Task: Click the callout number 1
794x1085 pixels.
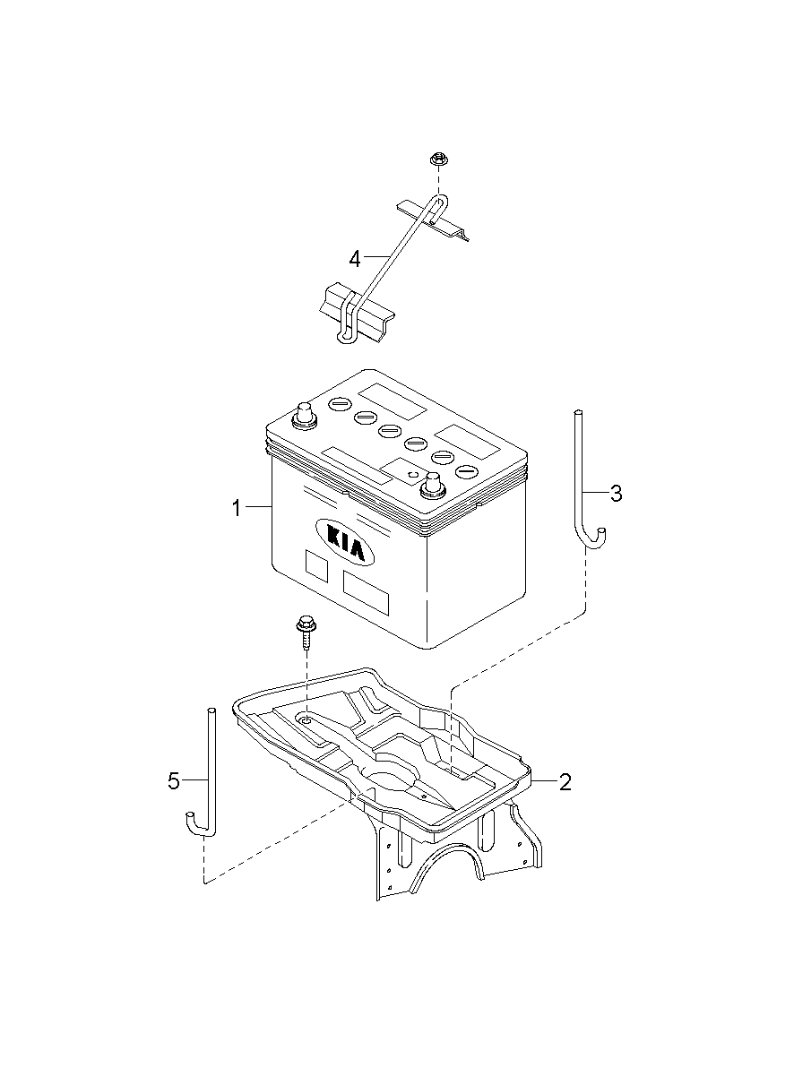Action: click(237, 509)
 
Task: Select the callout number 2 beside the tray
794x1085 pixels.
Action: click(565, 782)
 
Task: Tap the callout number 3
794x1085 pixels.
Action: click(616, 494)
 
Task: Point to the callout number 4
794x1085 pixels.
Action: click(355, 259)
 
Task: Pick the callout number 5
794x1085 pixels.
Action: click(174, 780)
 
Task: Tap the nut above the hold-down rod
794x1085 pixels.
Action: click(438, 159)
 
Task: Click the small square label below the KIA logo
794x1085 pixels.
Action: click(316, 565)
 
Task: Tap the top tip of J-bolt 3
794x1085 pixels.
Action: click(577, 412)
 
